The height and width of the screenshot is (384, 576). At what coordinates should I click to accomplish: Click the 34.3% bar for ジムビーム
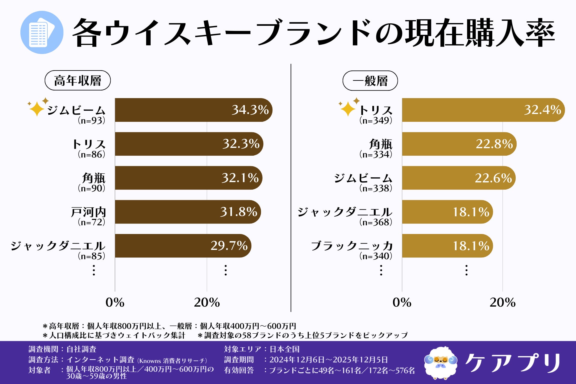192,110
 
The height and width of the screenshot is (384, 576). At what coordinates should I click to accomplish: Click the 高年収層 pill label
78,80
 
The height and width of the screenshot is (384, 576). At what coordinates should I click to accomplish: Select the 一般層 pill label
370,81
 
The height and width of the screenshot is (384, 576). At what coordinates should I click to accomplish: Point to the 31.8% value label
238,212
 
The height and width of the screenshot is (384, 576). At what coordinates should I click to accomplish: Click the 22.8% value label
494,144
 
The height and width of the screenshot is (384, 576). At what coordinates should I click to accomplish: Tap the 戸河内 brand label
88,212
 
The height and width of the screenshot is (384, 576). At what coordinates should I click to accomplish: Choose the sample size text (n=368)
376,222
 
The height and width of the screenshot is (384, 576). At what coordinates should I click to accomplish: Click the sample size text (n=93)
91,121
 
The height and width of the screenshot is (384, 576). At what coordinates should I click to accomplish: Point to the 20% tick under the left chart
207,302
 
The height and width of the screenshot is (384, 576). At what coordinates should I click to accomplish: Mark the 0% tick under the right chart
402,302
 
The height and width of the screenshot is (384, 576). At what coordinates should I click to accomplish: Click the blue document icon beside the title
42,32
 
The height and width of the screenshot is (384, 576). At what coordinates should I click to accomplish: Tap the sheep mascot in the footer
440,362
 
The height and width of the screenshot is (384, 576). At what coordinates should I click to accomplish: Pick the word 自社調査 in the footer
81,349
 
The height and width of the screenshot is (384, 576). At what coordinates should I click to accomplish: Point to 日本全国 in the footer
284,349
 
